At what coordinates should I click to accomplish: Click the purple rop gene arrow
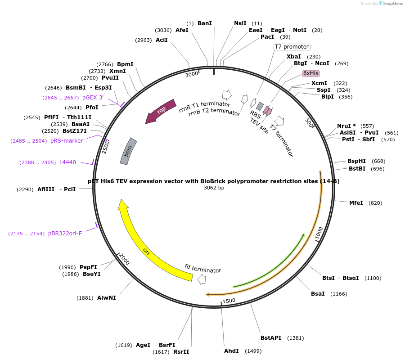(160, 111)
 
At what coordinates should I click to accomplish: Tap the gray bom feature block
(128, 151)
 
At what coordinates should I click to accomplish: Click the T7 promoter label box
(292, 47)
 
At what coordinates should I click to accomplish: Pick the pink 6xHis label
(310, 73)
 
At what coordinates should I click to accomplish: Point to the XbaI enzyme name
(294, 57)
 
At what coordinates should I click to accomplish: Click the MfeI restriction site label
(356, 203)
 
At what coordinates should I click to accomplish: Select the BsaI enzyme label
(318, 294)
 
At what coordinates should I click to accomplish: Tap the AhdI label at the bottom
(232, 351)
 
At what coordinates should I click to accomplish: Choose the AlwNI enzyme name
(107, 297)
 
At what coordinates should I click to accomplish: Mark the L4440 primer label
(67, 162)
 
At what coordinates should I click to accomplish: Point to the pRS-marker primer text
(67, 141)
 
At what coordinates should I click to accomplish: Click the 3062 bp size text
(214, 188)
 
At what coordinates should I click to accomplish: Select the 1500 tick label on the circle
(229, 301)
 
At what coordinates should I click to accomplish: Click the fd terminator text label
(203, 268)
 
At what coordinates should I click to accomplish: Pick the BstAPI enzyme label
(271, 337)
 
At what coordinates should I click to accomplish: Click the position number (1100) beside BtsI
(373, 278)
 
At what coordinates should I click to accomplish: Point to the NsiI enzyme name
(240, 23)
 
